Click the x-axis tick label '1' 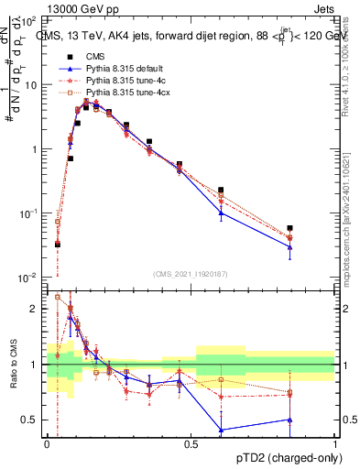[x=335, y=442]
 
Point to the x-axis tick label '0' [x=47, y=442]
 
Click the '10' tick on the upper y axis [x=31, y=85]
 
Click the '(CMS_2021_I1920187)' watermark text [x=191, y=273]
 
